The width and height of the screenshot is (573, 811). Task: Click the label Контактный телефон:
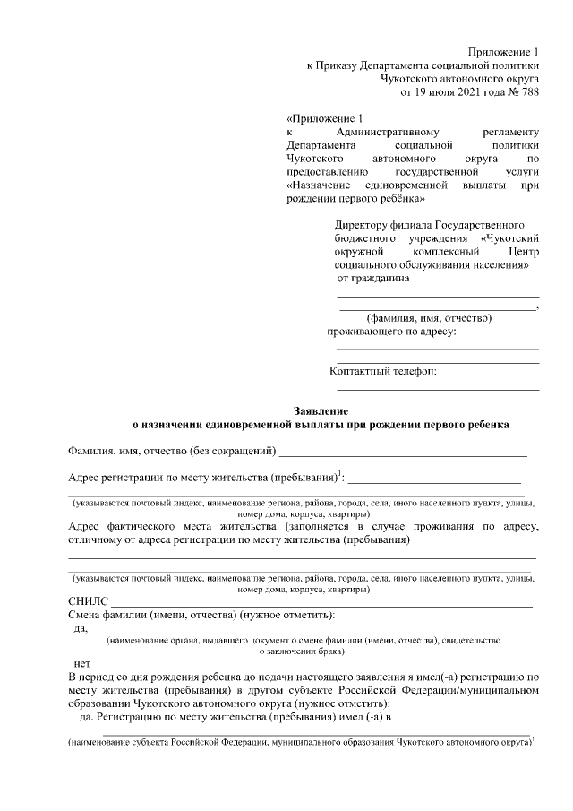pos(383,371)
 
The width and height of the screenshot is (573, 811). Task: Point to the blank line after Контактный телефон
pos(438,389)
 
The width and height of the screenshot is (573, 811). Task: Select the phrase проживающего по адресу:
pos(391,332)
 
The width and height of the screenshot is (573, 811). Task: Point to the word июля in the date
pos(432,91)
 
